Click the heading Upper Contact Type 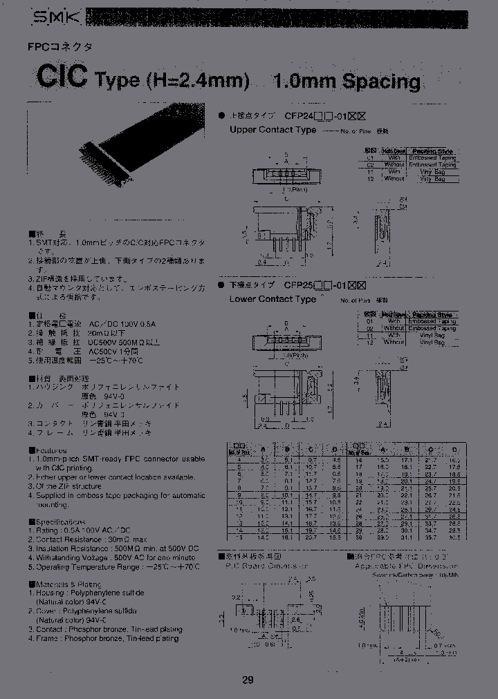272,130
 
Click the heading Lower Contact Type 272,299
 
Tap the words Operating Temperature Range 89,566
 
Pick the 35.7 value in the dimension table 432,536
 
